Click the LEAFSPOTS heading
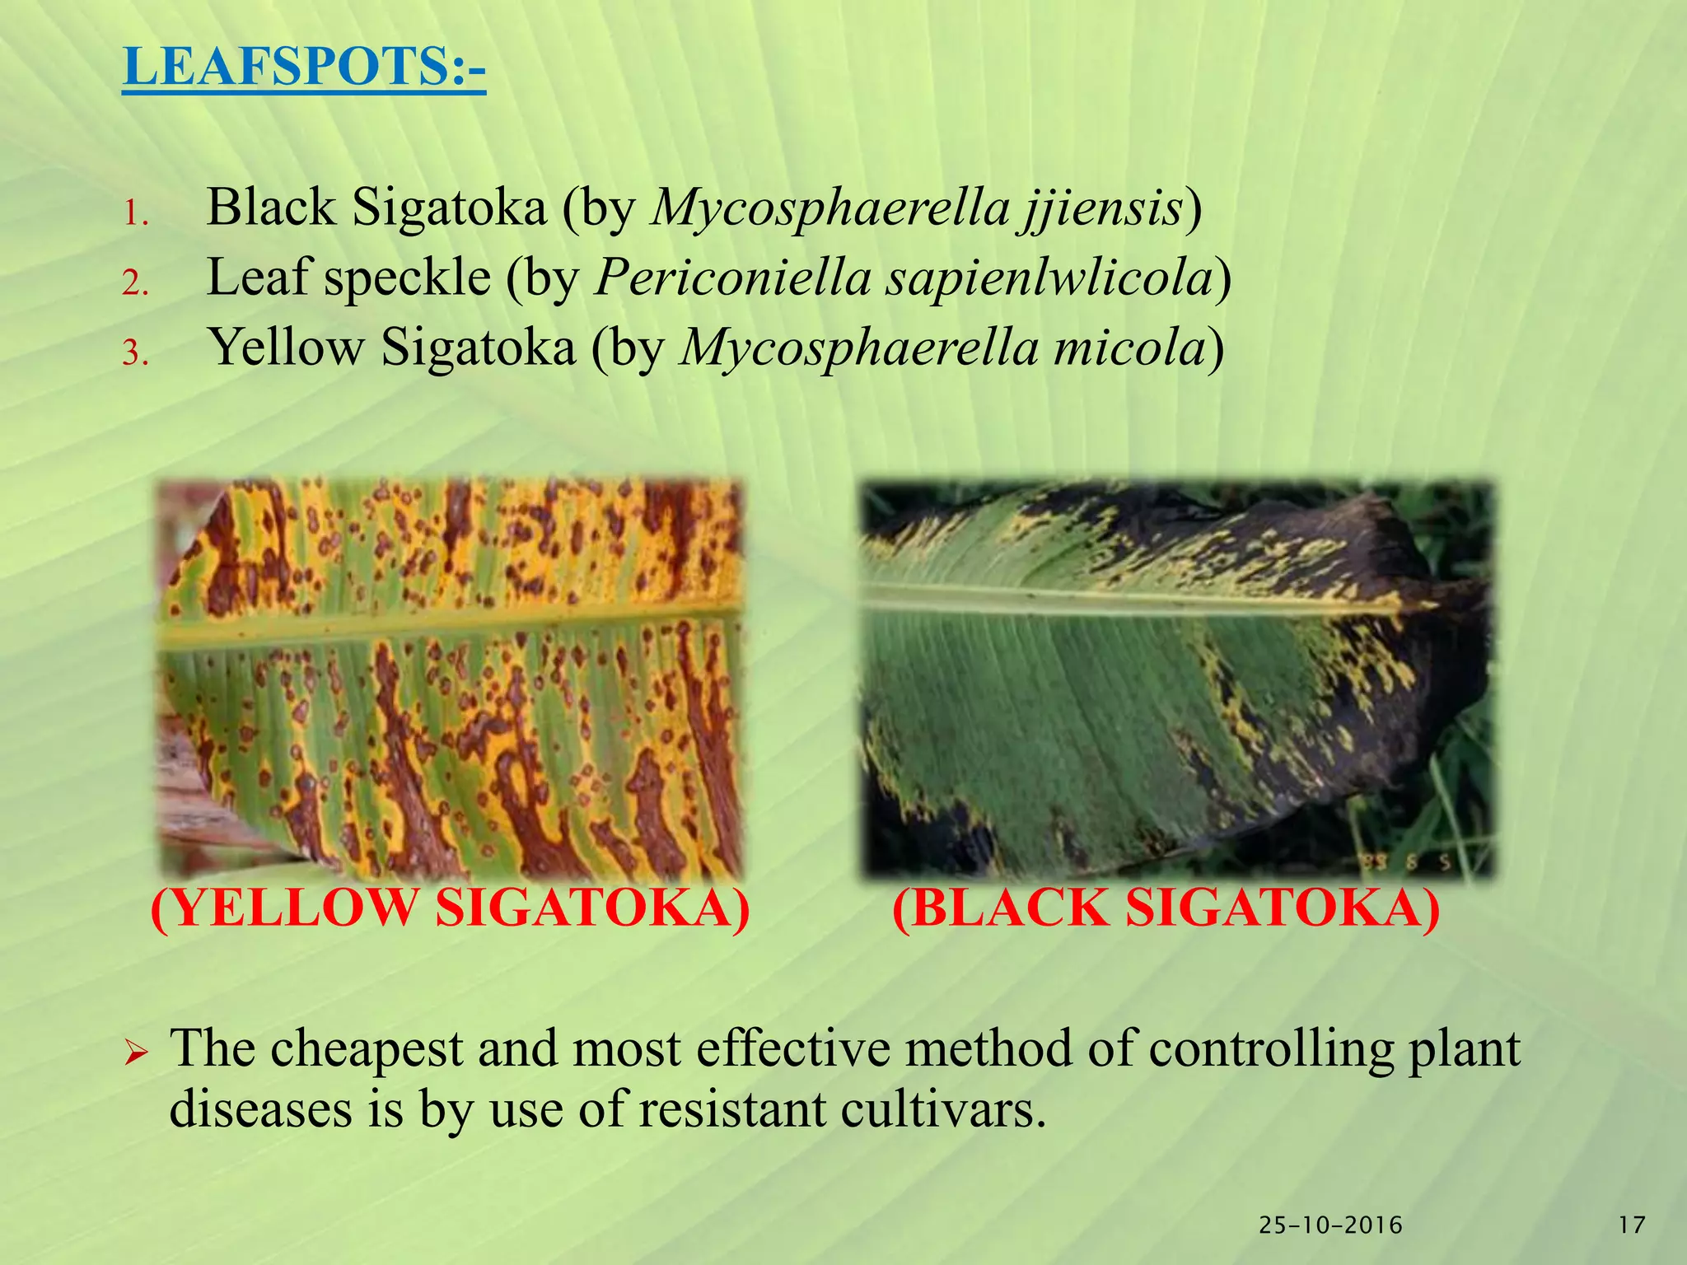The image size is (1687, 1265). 304,67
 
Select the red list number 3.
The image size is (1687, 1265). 136,353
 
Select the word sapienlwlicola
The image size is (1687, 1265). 1050,279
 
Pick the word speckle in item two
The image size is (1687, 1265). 407,278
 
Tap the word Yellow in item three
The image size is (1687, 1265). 285,347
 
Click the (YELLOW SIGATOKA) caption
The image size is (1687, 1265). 451,910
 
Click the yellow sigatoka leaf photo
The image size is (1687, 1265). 450,679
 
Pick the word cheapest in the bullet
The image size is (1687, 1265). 367,1052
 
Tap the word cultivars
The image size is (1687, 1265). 943,1110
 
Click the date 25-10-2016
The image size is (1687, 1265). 1330,1225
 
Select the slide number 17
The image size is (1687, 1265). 1632,1225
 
